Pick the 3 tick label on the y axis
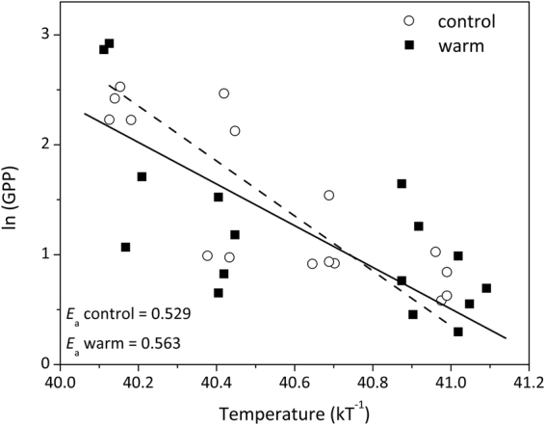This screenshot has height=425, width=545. coord(44,35)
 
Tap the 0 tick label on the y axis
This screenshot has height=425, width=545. coord(44,364)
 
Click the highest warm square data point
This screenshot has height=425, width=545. coord(110,43)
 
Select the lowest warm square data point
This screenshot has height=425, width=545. coord(458,332)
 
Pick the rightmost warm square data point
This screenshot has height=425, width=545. coord(487,288)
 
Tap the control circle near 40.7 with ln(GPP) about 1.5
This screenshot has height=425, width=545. coord(329,196)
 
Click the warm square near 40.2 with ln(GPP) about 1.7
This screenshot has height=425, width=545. coord(142,176)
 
